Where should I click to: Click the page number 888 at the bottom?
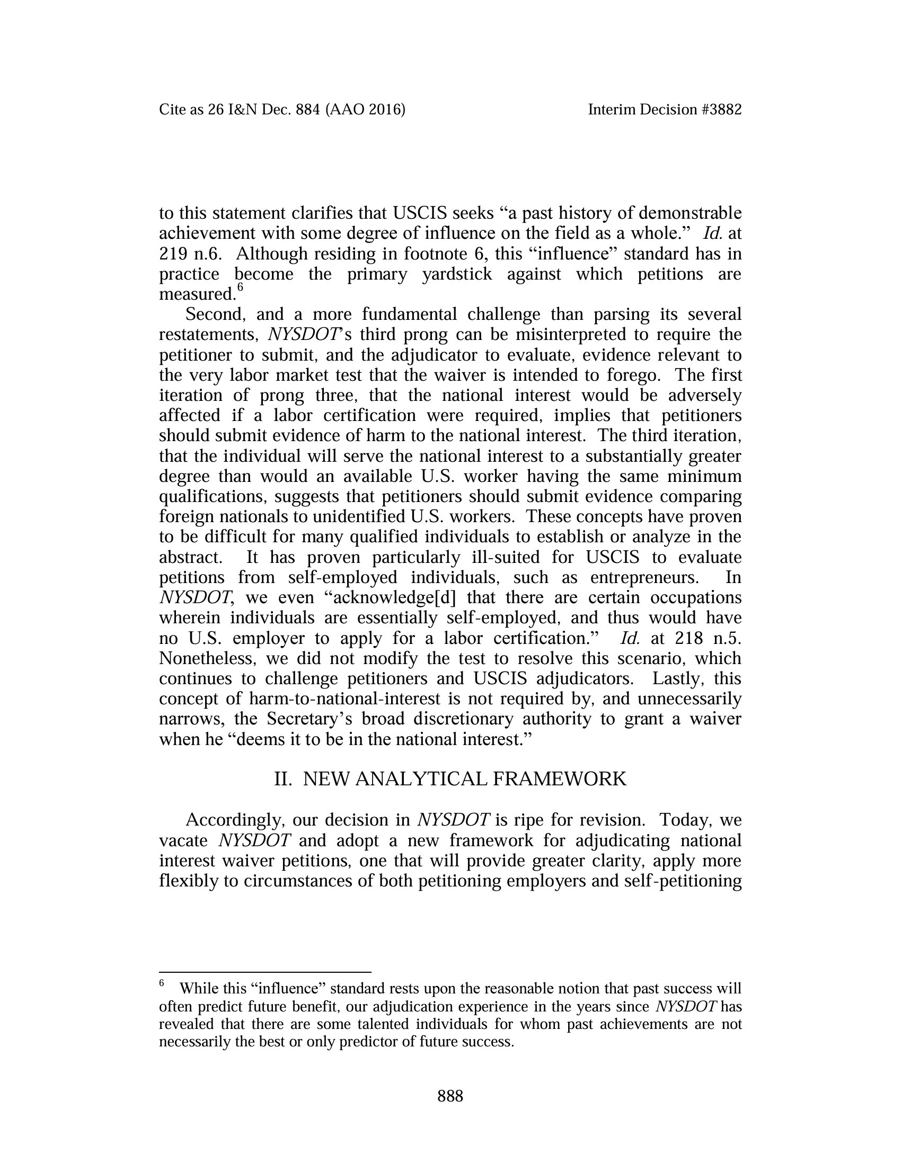(450, 1096)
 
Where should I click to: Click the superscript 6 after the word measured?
(240, 288)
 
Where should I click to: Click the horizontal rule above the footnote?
(265, 972)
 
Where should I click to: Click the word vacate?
(183, 840)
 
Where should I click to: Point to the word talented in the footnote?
(388, 1024)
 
